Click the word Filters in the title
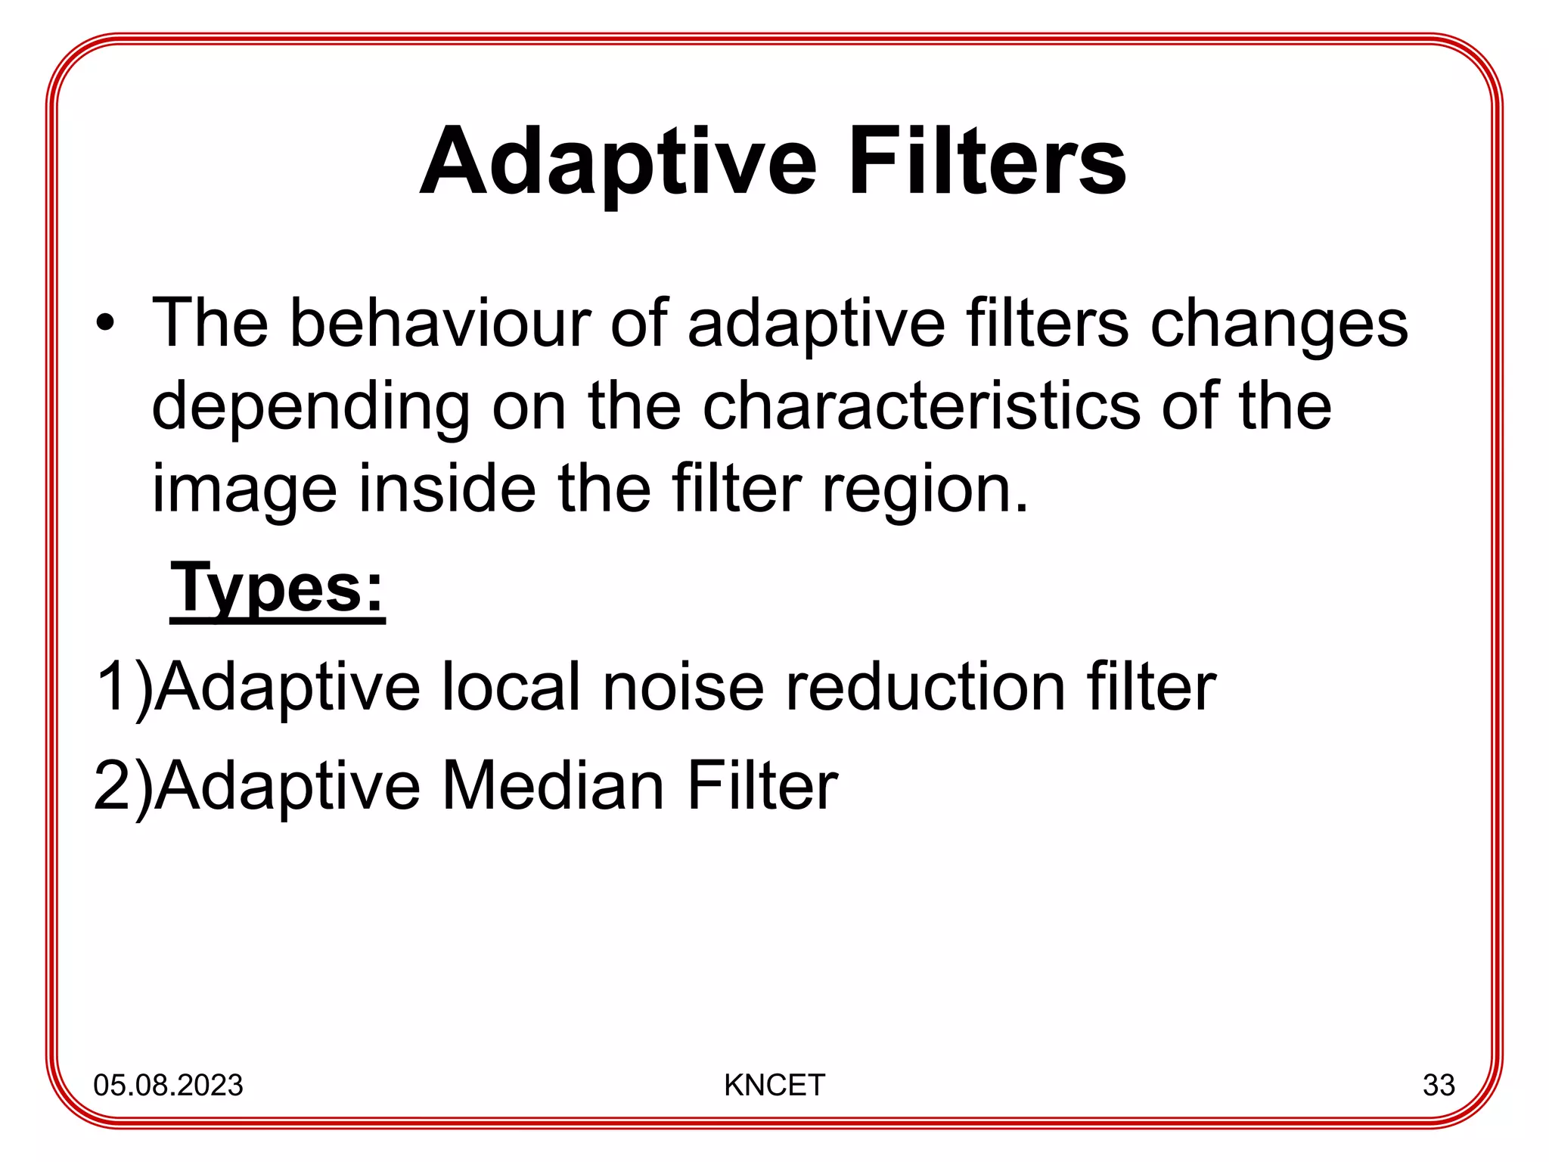987,163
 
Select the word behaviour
439,324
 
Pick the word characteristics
920,407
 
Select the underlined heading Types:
278,589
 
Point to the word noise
683,687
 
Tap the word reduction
926,687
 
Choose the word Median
552,787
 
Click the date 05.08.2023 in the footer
168,1085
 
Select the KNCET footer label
774,1085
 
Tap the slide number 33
1438,1085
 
